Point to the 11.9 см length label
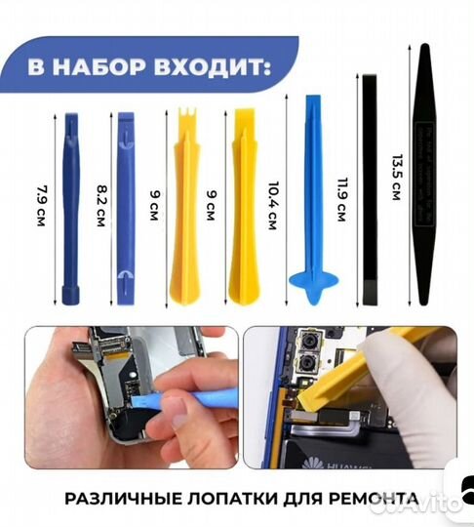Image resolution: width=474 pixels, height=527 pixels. (341, 195)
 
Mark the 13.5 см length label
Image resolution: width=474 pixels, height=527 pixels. (395, 176)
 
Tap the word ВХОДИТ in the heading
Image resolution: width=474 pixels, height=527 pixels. (218, 69)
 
